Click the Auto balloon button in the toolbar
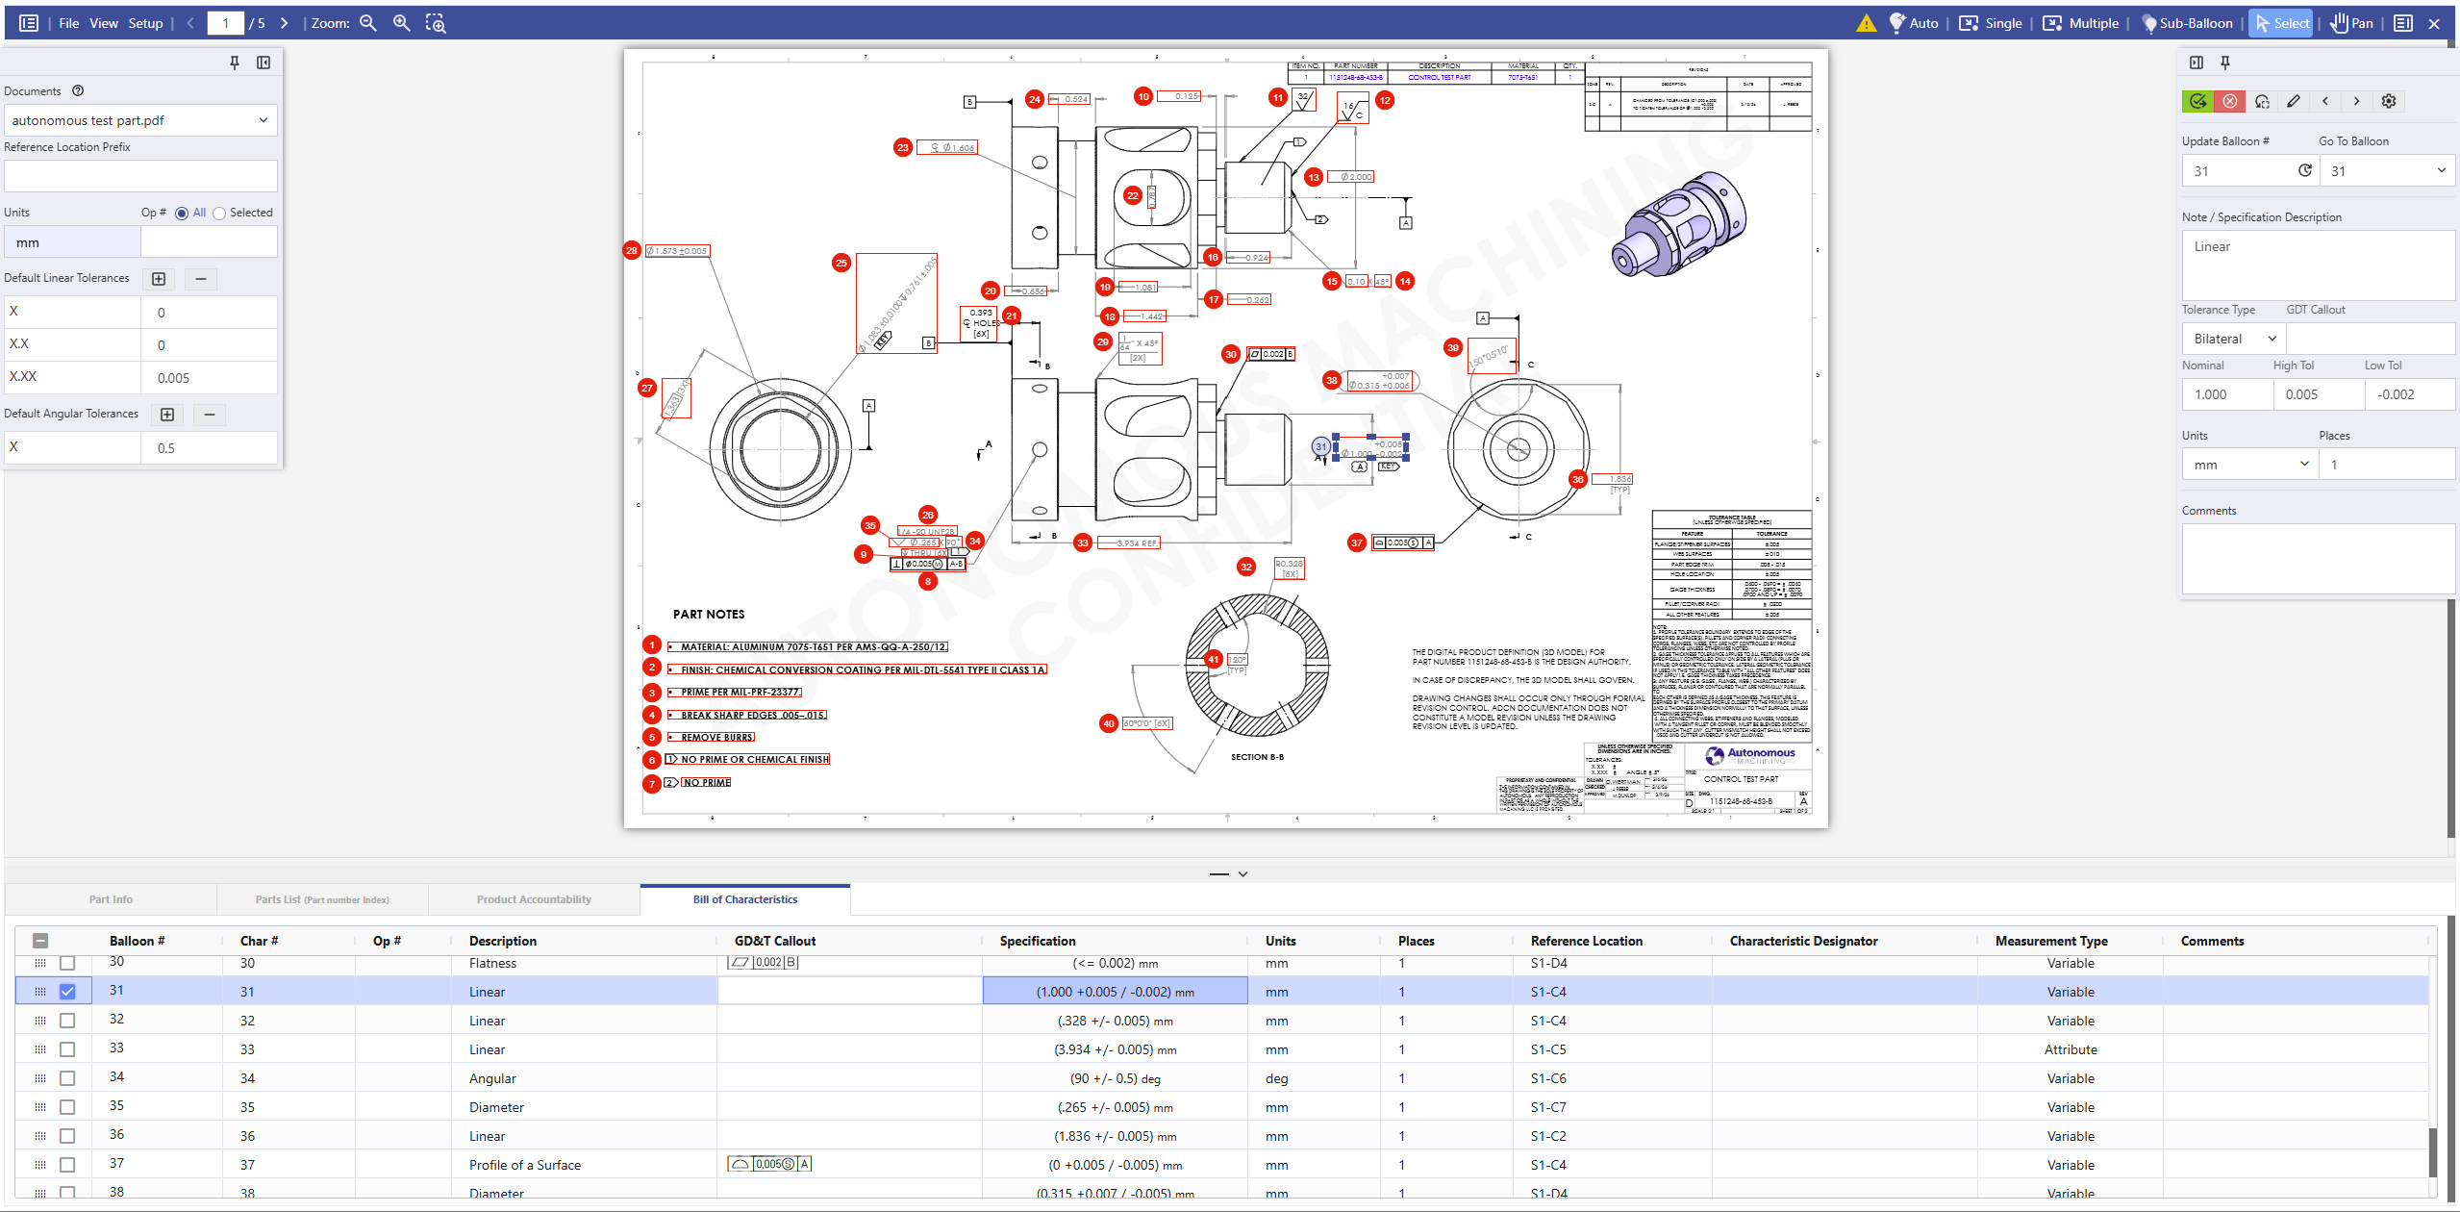tap(1914, 23)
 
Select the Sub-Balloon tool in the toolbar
tap(2187, 23)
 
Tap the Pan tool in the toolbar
tap(2351, 23)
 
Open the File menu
tap(68, 23)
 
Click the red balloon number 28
tap(631, 250)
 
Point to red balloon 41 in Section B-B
tap(1214, 660)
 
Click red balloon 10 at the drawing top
tap(1142, 96)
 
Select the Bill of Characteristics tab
tap(744, 899)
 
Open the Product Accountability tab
tap(534, 899)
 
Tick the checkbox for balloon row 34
tap(67, 1077)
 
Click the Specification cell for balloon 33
tap(1115, 1049)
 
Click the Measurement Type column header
tap(2050, 941)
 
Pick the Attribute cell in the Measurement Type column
tap(2070, 1049)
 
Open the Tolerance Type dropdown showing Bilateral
tap(2233, 339)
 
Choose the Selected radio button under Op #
tap(219, 213)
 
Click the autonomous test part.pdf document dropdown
tap(140, 120)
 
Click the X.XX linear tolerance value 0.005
tap(208, 378)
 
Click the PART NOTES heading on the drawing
tap(708, 614)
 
